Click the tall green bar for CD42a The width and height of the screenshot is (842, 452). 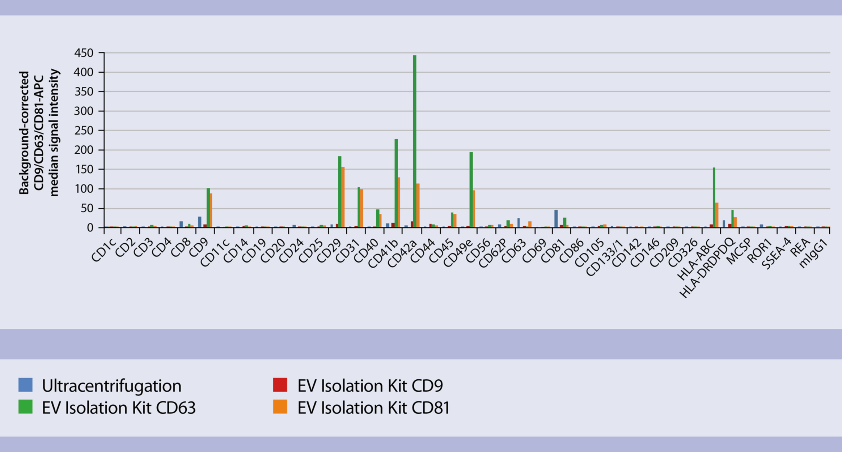click(415, 141)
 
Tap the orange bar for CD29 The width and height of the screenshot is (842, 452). click(343, 197)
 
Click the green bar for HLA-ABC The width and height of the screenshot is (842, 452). click(714, 197)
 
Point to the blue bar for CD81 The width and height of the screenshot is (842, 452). click(556, 218)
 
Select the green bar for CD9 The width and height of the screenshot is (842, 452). click(208, 208)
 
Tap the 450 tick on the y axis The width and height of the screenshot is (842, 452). click(84, 53)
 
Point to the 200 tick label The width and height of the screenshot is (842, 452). click(84, 150)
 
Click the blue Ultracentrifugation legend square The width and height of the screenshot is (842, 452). click(25, 385)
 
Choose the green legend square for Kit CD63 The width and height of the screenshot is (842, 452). click(25, 407)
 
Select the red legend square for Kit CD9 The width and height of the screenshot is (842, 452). click(280, 385)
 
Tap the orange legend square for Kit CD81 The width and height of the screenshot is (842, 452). click(280, 407)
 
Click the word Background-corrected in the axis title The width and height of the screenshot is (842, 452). click(24, 133)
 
